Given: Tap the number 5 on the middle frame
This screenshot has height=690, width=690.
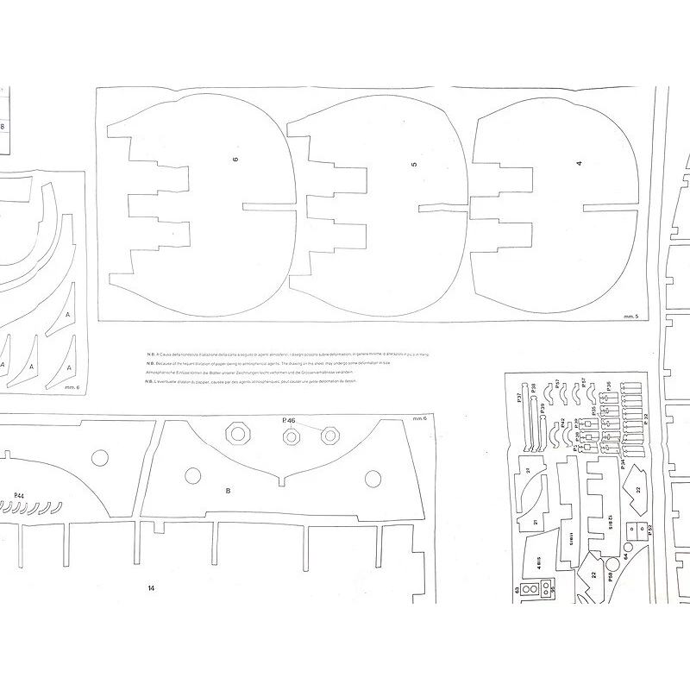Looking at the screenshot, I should tap(414, 164).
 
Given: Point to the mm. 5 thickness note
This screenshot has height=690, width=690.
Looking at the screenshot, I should tap(629, 319).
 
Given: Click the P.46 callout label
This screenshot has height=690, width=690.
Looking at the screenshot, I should tap(289, 420).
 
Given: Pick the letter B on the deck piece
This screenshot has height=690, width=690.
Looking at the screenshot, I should tap(228, 491).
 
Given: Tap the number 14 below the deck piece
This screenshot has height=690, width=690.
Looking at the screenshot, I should tap(150, 587).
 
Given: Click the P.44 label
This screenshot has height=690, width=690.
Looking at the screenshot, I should tap(19, 495).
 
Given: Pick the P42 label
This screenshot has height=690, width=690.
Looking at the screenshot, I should tap(562, 423).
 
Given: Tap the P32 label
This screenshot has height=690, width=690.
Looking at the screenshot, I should tap(646, 418).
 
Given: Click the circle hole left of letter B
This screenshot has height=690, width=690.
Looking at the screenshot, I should tap(189, 476).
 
